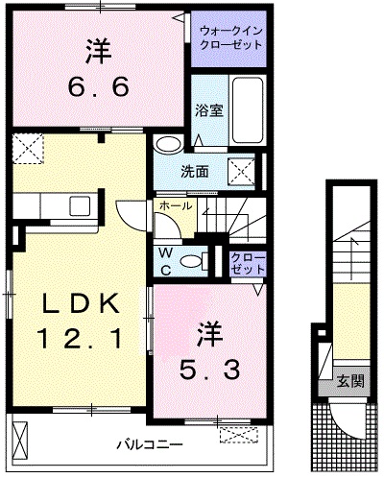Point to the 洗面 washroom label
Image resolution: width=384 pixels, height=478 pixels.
pos(196,173)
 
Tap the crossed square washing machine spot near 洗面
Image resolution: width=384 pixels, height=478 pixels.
pos(239,172)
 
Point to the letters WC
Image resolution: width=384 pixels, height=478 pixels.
pos(166,262)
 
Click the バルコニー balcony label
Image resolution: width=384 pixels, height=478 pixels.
pos(144,444)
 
